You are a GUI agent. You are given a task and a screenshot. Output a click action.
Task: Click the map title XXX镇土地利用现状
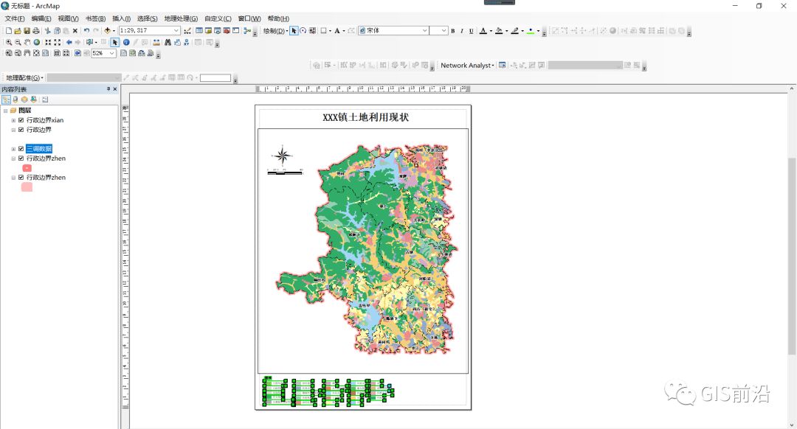365,118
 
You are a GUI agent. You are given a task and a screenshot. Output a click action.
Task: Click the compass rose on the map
282,156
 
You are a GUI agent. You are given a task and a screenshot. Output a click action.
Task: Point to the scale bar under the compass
285,172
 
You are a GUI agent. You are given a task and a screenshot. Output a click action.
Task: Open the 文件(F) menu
15,18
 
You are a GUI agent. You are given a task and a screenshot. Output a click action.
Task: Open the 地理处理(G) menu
181,18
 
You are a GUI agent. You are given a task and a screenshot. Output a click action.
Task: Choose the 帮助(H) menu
278,18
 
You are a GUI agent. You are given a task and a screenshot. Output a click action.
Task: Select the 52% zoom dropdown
103,53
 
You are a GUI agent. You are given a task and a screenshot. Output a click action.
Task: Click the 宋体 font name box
393,30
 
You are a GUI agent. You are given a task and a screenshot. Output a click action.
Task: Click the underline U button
471,31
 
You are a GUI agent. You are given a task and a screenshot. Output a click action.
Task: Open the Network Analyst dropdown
467,66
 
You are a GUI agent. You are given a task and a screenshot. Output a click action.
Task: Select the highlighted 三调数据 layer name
39,149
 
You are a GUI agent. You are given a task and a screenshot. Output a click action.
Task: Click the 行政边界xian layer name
45,120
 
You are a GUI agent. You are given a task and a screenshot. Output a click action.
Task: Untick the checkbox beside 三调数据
21,149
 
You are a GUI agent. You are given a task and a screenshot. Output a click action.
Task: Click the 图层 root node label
24,111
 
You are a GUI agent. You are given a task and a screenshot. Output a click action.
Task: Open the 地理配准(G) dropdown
24,77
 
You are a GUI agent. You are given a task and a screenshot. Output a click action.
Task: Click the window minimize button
734,6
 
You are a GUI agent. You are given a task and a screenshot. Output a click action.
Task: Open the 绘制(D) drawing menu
275,31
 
